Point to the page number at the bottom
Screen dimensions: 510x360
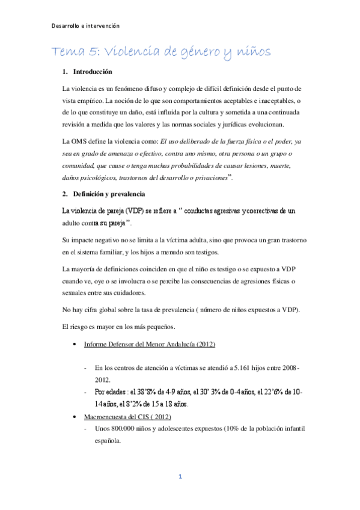[180, 477]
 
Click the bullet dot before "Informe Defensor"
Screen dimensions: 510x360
[73, 345]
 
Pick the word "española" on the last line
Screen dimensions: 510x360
[109, 440]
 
